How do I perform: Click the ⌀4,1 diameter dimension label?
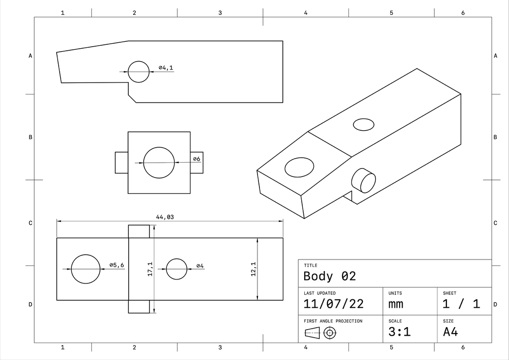coord(166,68)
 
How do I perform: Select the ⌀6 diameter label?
coord(196,159)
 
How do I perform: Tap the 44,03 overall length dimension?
coord(165,217)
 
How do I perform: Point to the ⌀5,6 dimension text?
coord(117,265)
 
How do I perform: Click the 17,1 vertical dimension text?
coord(150,270)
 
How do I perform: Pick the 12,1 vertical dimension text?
coord(253,269)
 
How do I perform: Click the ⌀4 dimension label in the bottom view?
coord(200,266)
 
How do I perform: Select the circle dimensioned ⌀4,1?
coord(138,72)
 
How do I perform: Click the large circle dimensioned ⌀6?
coord(159,163)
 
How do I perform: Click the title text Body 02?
coord(330,276)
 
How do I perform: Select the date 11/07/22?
coord(334,304)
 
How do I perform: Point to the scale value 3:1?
coord(400,332)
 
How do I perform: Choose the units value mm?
coord(396,304)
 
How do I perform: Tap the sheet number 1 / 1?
coord(461,304)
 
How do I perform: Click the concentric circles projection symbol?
coord(329,333)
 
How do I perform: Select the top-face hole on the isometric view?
coord(363,124)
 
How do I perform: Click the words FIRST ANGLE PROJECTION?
coord(333,321)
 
